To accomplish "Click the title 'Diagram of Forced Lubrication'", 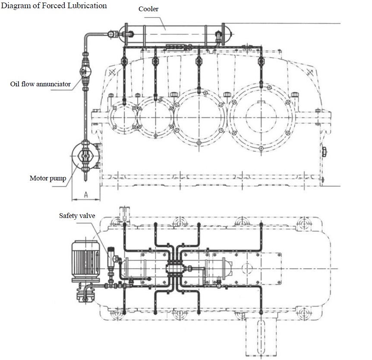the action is [54, 6].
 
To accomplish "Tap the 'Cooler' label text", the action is [148, 9].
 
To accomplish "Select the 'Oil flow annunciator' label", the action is [40, 84].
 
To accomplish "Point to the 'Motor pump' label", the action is [48, 178].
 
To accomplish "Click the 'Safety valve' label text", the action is [77, 216].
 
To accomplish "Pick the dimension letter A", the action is [86, 195].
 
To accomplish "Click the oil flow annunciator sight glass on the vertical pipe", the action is [85, 71].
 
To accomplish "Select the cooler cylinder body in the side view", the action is [174, 34].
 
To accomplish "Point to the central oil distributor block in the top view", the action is [175, 268].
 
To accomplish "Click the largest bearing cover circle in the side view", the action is [261, 117].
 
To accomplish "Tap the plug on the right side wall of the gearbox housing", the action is [324, 152].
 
